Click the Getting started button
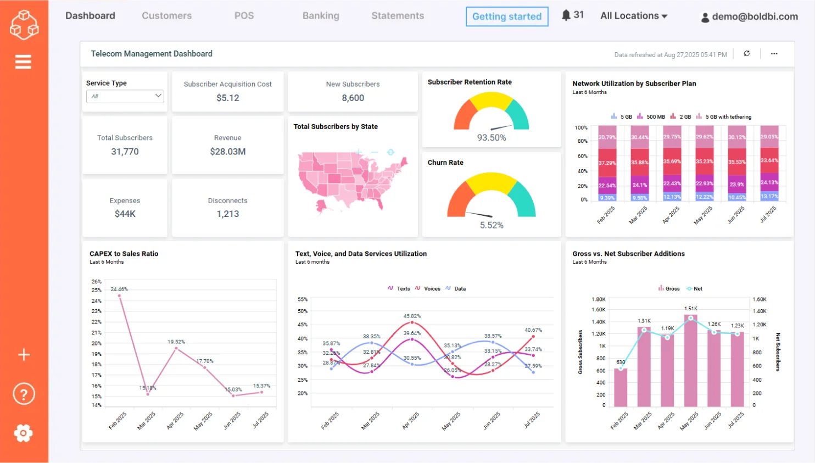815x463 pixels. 506,16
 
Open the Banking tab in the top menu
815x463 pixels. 321,16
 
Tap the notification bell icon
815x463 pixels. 566,15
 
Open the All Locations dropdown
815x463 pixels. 634,16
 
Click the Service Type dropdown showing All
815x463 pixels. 125,96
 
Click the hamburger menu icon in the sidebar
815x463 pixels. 23,62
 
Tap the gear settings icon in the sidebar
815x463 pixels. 23,433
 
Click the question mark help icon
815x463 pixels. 24,394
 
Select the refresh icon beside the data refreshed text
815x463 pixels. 747,54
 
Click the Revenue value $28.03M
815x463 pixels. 227,152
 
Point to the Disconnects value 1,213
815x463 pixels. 227,214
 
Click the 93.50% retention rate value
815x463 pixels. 492,138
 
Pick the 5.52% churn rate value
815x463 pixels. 492,225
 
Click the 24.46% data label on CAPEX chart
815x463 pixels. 119,289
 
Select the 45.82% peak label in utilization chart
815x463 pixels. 412,316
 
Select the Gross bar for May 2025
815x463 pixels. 690,362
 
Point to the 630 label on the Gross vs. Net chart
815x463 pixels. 621,362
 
